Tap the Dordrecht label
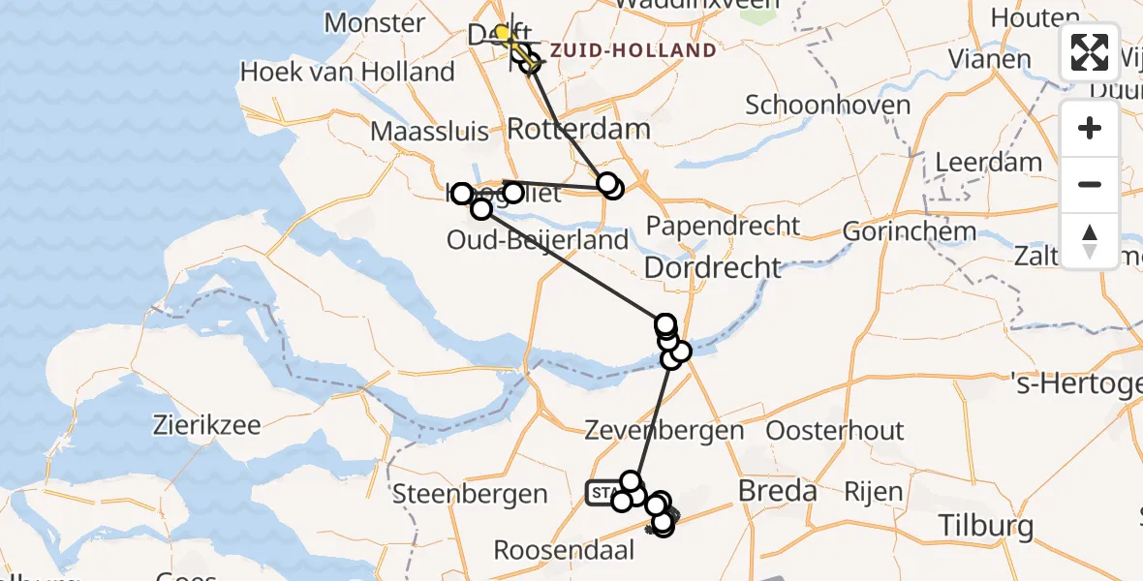[x=712, y=266]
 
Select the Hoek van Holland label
[x=347, y=72]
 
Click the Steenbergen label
[x=470, y=494]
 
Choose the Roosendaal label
[x=564, y=550]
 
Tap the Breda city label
[x=778, y=491]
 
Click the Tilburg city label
[x=987, y=527]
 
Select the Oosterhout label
[x=834, y=430]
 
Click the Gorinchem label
[x=909, y=231]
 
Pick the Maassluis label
[x=429, y=131]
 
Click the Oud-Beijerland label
[x=538, y=239]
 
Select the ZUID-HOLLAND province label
[x=633, y=50]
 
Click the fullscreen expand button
[x=1090, y=51]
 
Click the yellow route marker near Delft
[x=502, y=34]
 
